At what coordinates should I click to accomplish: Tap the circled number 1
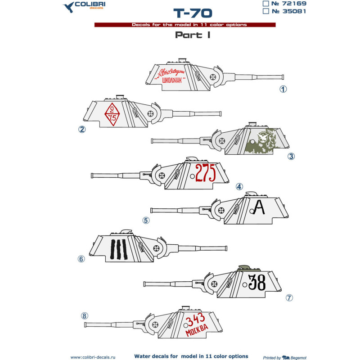point(283,89)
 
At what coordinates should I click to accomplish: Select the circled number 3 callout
point(291,157)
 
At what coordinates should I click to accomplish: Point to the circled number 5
point(145,220)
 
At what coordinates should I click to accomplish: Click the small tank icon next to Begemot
point(286,357)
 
